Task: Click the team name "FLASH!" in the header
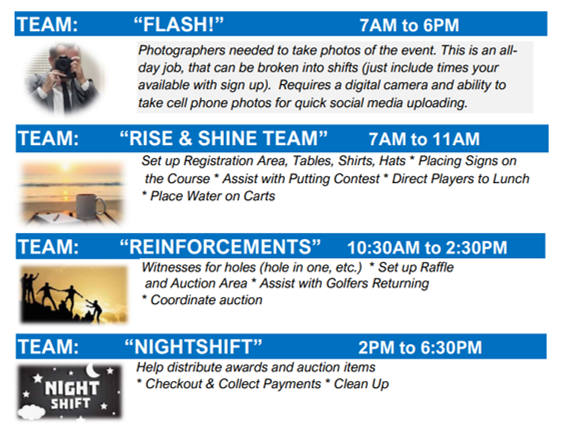point(178,24)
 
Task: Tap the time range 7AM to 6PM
point(409,26)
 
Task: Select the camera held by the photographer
point(64,65)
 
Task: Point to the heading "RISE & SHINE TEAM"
point(224,138)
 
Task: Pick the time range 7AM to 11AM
point(424,139)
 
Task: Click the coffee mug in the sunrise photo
point(90,205)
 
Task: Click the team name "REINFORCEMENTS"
point(220,247)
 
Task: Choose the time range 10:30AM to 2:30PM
point(427,247)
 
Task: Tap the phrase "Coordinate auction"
point(206,300)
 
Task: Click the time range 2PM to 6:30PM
point(420,347)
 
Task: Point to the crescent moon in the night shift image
point(92,370)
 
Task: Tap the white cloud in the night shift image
point(32,412)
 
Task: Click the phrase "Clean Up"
point(361,384)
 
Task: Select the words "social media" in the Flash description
point(366,103)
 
